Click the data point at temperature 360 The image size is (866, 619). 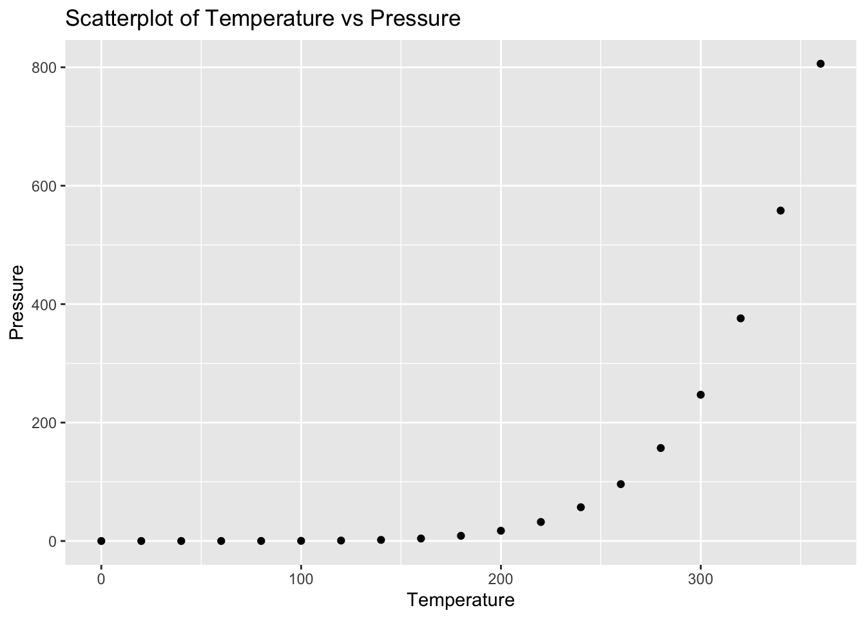tap(820, 63)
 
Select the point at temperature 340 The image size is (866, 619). tap(780, 210)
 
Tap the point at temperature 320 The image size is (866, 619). tap(740, 318)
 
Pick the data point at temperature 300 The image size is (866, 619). tap(700, 395)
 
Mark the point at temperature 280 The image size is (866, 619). tap(660, 447)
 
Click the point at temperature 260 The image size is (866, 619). tap(621, 484)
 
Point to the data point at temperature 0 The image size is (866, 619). tap(101, 540)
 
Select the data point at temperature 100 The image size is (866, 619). tap(301, 540)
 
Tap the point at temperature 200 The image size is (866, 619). tap(501, 531)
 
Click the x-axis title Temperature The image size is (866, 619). tap(461, 600)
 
